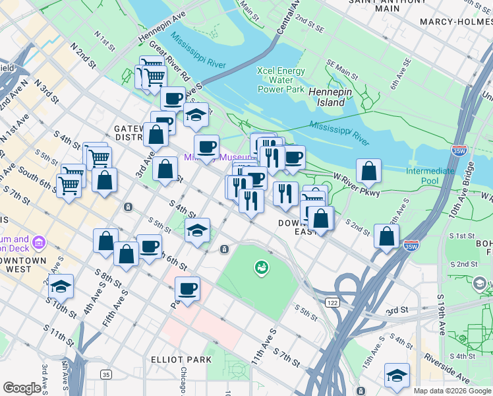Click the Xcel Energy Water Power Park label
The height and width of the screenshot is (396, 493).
[281, 80]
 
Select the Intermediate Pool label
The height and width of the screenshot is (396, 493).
[430, 176]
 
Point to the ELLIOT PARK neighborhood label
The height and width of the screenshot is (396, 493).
[181, 360]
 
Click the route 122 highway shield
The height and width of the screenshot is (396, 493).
[331, 302]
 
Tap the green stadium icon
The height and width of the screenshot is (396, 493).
[262, 267]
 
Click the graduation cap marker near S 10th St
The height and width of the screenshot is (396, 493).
[61, 286]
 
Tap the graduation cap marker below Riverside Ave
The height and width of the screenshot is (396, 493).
[397, 375]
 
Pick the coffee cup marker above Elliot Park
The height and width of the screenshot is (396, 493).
[188, 289]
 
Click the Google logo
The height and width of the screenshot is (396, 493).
[22, 388]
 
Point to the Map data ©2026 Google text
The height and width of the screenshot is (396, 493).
[452, 391]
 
